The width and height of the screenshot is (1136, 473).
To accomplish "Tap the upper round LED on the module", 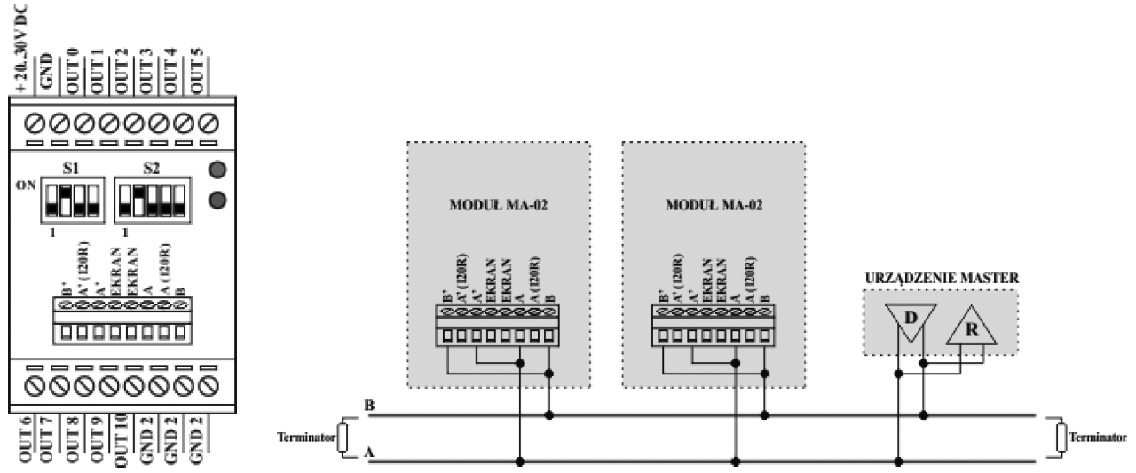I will [215, 169].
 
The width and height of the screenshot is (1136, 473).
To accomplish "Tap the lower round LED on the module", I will [215, 199].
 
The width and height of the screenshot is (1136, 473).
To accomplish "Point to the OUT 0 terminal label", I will [73, 67].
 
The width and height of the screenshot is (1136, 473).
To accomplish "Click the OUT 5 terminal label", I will [198, 67].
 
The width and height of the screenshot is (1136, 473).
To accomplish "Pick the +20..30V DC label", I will [22, 49].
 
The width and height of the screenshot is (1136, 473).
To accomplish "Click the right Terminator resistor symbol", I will [1060, 438].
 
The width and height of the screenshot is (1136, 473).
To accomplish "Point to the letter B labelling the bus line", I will [368, 406].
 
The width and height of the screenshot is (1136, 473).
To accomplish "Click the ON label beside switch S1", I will [25, 186].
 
